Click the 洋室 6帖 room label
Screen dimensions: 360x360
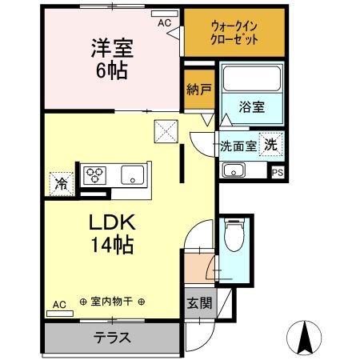(111, 58)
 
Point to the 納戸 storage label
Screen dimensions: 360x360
(198, 89)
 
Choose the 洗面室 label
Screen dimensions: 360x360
(238, 146)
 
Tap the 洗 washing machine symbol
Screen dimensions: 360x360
(271, 145)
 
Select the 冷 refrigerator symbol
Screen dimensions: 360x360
(62, 183)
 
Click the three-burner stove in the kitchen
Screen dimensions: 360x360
(96, 175)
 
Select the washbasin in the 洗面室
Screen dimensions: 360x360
(234, 170)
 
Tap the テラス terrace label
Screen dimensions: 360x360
(113, 337)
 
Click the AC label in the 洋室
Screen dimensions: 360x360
(164, 24)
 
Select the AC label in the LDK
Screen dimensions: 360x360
(59, 304)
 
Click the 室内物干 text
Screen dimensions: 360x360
(113, 302)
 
